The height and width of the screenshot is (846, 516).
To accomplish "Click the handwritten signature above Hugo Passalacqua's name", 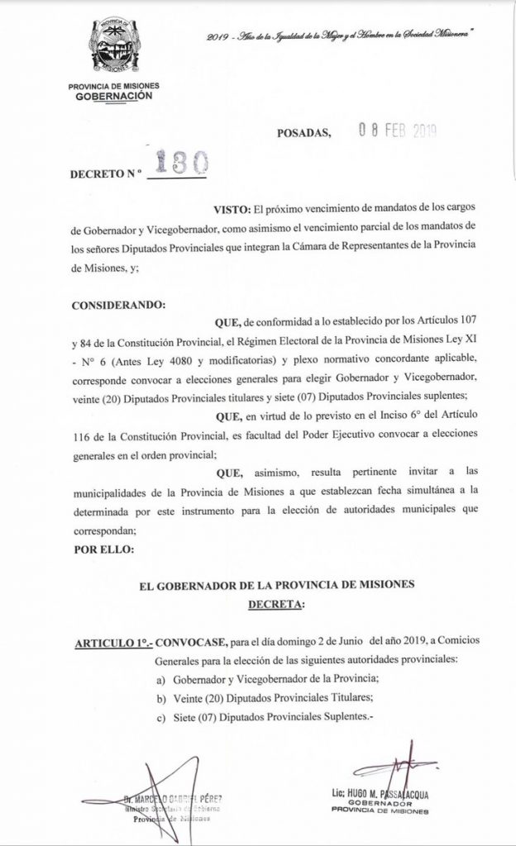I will click(x=408, y=773).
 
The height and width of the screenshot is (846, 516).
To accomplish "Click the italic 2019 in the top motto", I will click(x=218, y=38).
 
